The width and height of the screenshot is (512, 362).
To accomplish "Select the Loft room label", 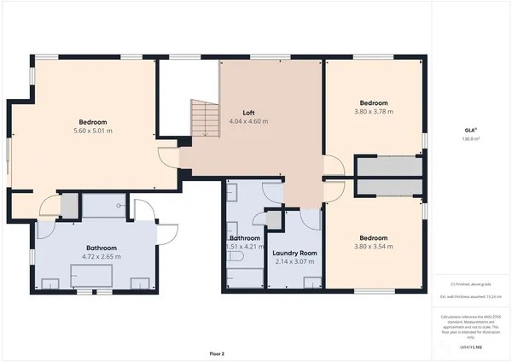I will (248, 113).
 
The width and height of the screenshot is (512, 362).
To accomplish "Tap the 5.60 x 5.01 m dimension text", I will (94, 131).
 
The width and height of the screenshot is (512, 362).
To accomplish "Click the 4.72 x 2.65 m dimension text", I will (95, 255).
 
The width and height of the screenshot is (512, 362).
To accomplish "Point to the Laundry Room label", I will (294, 253).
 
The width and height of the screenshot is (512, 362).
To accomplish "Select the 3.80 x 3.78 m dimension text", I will (374, 111).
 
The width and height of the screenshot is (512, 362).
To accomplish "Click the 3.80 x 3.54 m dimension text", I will (374, 246).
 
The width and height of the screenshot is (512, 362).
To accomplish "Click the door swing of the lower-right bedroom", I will (335, 190).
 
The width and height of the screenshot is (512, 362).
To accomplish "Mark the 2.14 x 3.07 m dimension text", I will (294, 261).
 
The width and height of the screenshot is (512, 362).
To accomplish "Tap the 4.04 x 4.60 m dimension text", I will (248, 121).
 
